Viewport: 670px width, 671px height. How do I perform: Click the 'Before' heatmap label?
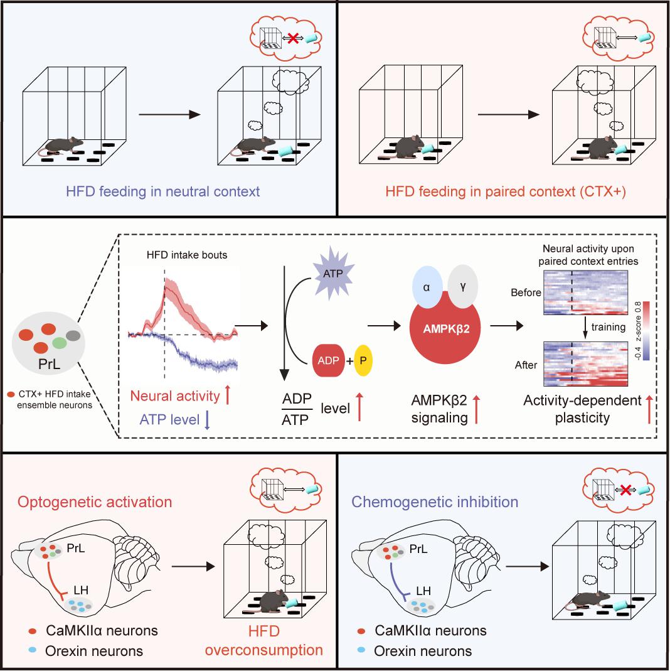coord(524,293)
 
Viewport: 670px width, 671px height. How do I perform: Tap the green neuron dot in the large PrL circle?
coord(59,343)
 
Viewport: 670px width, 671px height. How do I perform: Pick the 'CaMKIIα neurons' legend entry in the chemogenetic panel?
coord(430,630)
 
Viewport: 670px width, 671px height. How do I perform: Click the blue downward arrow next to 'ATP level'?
coord(206,420)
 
